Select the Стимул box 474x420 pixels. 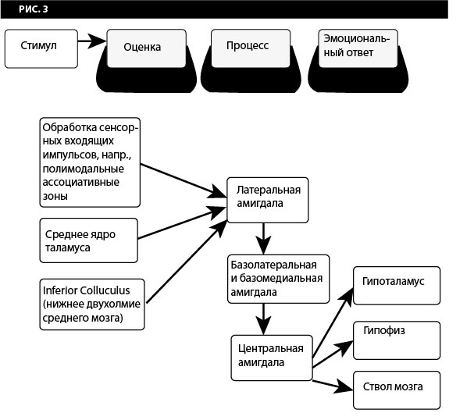41,48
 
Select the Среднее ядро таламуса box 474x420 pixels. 88,240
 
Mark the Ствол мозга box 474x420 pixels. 397,388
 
